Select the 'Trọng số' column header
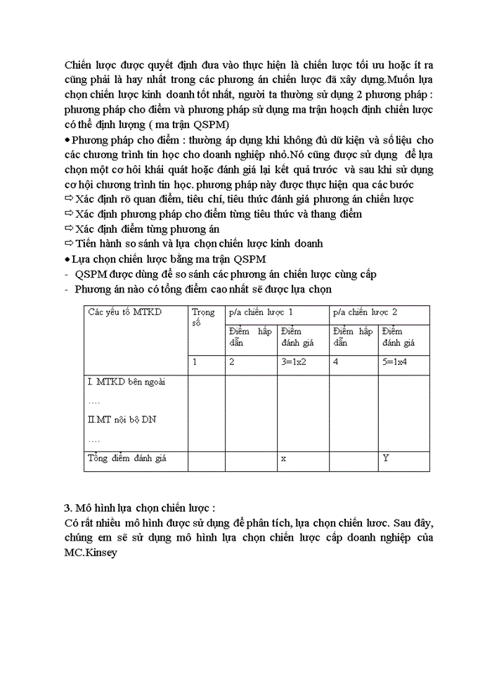pyautogui.click(x=204, y=317)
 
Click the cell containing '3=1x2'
pyautogui.click(x=295, y=363)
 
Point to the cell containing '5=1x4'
pyautogui.click(x=397, y=363)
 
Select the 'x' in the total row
pyautogui.click(x=283, y=458)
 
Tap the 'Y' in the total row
pyautogui.click(x=386, y=458)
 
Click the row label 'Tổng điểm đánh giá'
pyautogui.click(x=127, y=458)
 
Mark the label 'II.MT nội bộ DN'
pyautogui.click(x=122, y=420)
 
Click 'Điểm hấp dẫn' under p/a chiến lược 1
pyautogui.click(x=250, y=337)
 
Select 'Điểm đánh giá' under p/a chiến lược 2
pyautogui.click(x=399, y=337)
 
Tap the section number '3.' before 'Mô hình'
pyautogui.click(x=67, y=508)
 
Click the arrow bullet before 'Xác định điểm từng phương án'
pyautogui.click(x=68, y=229)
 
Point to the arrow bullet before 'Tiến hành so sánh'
pyautogui.click(x=68, y=243)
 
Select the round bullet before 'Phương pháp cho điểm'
pyautogui.click(x=67, y=141)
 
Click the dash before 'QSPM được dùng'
pyautogui.click(x=66, y=274)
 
